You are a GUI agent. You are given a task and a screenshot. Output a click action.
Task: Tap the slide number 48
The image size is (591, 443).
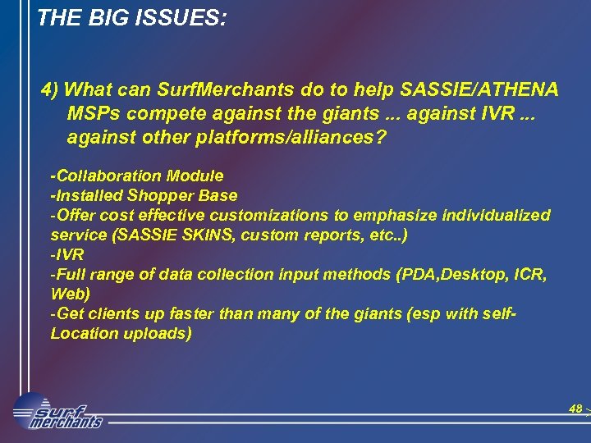[x=575, y=408]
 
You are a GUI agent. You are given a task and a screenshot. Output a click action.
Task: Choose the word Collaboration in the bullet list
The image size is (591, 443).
[x=110, y=176]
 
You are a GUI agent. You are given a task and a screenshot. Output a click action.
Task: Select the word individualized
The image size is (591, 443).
[x=495, y=215]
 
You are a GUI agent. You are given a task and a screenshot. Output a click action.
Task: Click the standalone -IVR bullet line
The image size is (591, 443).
[x=66, y=254]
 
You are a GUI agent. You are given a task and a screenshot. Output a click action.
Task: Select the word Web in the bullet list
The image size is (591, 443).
[x=67, y=294]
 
